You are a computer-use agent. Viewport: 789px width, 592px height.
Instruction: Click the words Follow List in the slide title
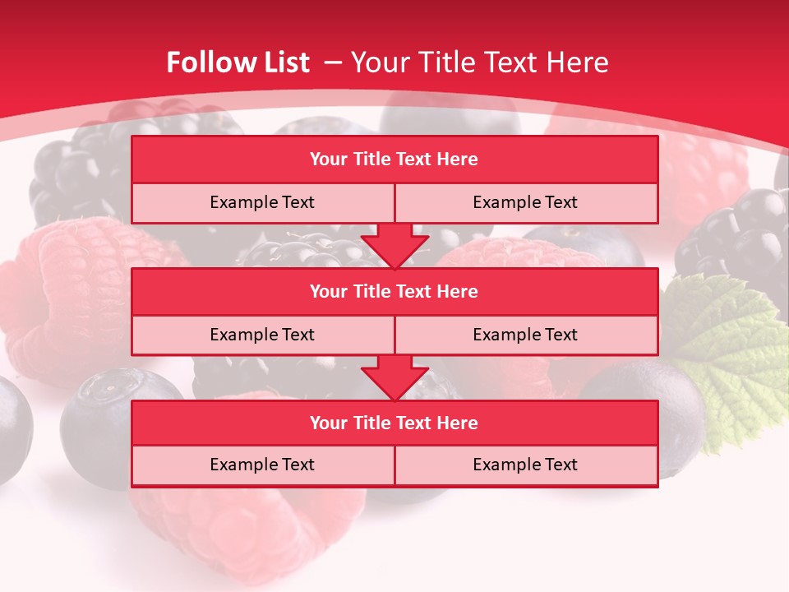coord(238,62)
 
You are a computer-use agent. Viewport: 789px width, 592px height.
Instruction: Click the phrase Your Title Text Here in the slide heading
coord(479,62)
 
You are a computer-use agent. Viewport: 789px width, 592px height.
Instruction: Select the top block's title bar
coord(394,160)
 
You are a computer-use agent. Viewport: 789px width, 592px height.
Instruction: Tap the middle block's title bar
coord(394,291)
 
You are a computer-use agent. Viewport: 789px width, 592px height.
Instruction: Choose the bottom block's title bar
coord(394,423)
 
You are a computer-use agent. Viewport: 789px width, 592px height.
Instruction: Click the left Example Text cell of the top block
coord(262,202)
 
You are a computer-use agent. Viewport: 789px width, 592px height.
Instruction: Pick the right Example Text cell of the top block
coord(526,202)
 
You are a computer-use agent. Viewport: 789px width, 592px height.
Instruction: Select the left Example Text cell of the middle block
coord(262,335)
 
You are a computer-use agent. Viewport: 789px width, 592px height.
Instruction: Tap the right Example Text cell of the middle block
coord(526,335)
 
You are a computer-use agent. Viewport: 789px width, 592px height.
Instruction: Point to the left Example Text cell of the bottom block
coord(262,465)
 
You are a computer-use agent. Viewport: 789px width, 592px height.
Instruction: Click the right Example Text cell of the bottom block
coord(526,465)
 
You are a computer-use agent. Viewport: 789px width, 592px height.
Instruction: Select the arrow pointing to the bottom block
coord(394,377)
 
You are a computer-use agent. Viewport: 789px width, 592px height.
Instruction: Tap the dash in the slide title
coord(334,62)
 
